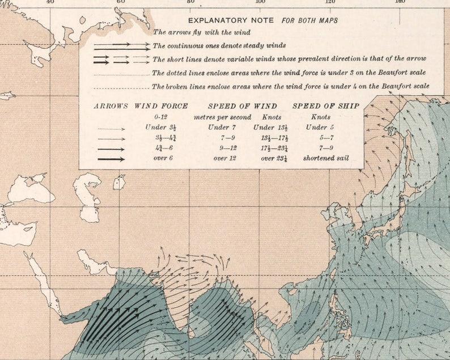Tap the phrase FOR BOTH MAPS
click(309, 20)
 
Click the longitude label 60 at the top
click(120, 2)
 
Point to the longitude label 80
click(190, 2)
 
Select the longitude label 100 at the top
click(260, 2)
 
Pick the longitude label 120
click(330, 2)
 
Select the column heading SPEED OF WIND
click(242, 106)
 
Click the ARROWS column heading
click(111, 106)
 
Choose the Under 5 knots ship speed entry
click(320, 127)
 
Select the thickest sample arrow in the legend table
click(111, 159)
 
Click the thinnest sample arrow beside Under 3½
click(111, 128)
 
